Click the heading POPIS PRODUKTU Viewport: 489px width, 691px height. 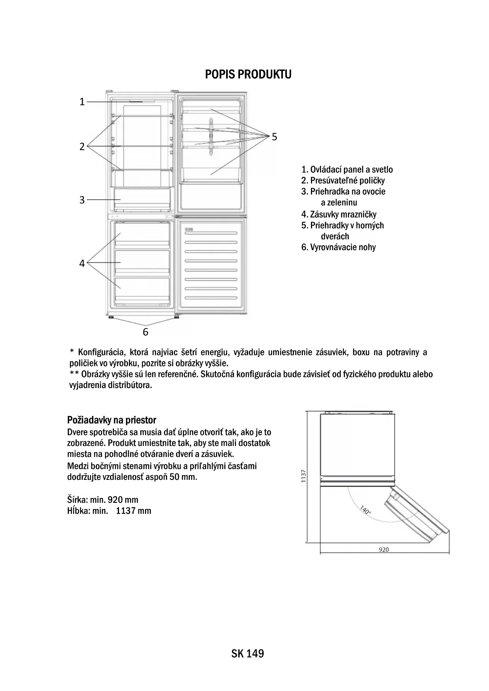(248, 74)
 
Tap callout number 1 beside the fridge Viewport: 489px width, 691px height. (82, 102)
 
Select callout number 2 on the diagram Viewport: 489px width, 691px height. (82, 147)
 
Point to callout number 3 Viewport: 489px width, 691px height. (82, 200)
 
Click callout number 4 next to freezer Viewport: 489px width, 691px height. (82, 264)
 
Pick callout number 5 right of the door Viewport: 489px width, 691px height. (274, 137)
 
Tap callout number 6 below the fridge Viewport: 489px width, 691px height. (145, 332)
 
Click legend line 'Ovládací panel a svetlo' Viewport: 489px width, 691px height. (347, 170)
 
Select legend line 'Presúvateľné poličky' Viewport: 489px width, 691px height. (343, 181)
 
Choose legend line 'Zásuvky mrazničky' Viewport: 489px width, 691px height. (339, 215)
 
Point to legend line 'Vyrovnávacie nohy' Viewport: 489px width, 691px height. (338, 247)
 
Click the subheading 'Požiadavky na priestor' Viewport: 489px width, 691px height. (112, 420)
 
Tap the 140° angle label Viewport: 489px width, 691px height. (365, 510)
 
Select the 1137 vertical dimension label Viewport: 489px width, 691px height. (303, 476)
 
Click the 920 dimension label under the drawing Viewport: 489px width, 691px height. (383, 550)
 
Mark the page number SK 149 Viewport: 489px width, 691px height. (247, 654)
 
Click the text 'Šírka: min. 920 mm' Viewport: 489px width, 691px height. (103, 500)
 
